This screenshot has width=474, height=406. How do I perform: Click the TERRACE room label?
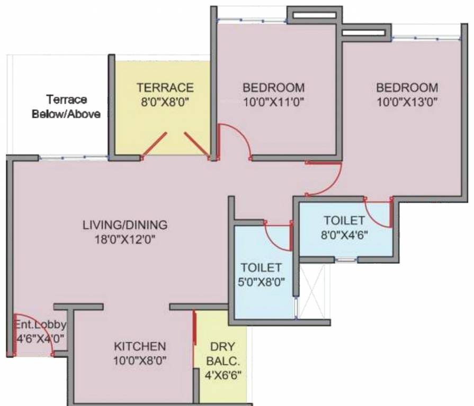(x=165, y=87)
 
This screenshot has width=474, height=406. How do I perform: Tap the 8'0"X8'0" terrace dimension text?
(x=165, y=101)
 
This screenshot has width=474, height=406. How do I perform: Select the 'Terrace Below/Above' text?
(x=66, y=106)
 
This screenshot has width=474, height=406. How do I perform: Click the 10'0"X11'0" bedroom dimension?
(x=273, y=101)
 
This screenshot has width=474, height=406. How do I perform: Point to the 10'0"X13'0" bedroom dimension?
(x=407, y=101)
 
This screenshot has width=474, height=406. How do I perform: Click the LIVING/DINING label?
(x=125, y=225)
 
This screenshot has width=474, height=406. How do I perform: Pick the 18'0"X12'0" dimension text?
(x=125, y=238)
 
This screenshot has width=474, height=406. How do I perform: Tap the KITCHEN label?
(x=140, y=347)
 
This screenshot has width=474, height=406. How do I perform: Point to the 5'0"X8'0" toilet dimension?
(x=261, y=281)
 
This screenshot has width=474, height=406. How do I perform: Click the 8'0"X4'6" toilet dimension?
(x=344, y=234)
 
